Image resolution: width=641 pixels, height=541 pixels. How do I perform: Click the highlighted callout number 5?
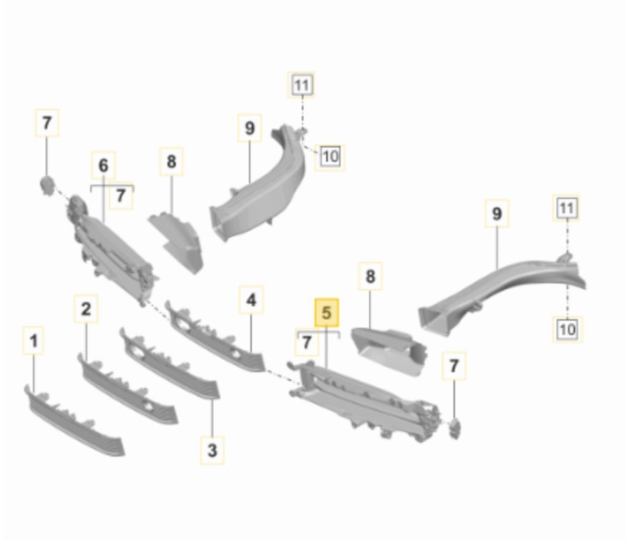point(326,313)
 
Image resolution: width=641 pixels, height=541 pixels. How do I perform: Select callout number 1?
point(34,341)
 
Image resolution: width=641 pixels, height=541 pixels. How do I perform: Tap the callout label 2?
point(86,308)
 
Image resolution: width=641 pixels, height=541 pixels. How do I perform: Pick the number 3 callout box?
point(212,450)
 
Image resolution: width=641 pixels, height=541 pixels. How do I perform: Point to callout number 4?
point(251,300)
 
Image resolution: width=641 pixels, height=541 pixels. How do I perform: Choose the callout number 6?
point(104,165)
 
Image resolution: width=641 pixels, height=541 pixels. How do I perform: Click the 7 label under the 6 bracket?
point(121,196)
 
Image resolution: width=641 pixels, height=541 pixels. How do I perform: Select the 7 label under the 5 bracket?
point(307,343)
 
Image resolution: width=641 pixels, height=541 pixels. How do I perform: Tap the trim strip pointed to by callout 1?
point(74,421)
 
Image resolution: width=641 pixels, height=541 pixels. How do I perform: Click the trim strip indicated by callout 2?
point(127,389)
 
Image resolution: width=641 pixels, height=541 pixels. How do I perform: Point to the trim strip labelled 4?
point(215,336)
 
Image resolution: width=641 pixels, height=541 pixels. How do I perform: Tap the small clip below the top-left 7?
point(47,185)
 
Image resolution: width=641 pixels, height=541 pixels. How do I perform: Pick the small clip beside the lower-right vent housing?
point(454,428)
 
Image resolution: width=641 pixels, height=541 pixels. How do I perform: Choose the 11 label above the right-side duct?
point(566,208)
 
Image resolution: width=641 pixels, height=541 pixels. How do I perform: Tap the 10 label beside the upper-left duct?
point(330,157)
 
